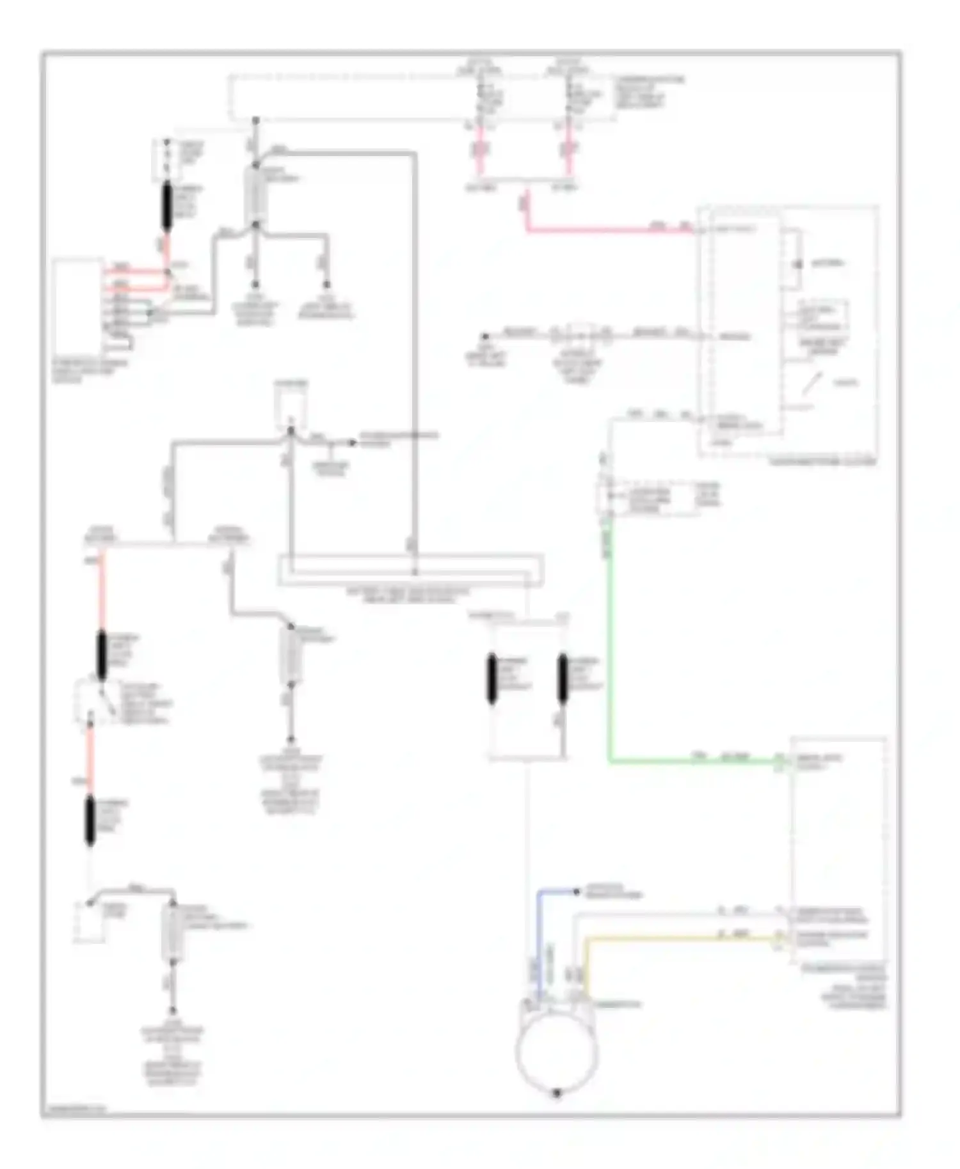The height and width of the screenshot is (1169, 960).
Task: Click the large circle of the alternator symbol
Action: point(556,1052)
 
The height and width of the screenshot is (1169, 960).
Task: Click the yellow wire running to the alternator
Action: point(672,939)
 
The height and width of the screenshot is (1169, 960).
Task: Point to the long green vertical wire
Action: point(609,639)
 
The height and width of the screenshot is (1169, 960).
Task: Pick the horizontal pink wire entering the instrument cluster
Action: point(608,230)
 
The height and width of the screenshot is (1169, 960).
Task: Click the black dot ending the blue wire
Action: point(577,891)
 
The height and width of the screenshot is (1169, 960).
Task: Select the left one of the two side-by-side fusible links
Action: point(492,679)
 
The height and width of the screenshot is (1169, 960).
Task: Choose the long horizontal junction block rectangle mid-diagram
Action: point(410,570)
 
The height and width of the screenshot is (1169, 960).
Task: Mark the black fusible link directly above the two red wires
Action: point(167,206)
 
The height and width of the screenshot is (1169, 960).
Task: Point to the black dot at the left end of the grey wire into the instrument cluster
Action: point(485,336)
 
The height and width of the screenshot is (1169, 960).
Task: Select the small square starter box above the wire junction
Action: point(291,406)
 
